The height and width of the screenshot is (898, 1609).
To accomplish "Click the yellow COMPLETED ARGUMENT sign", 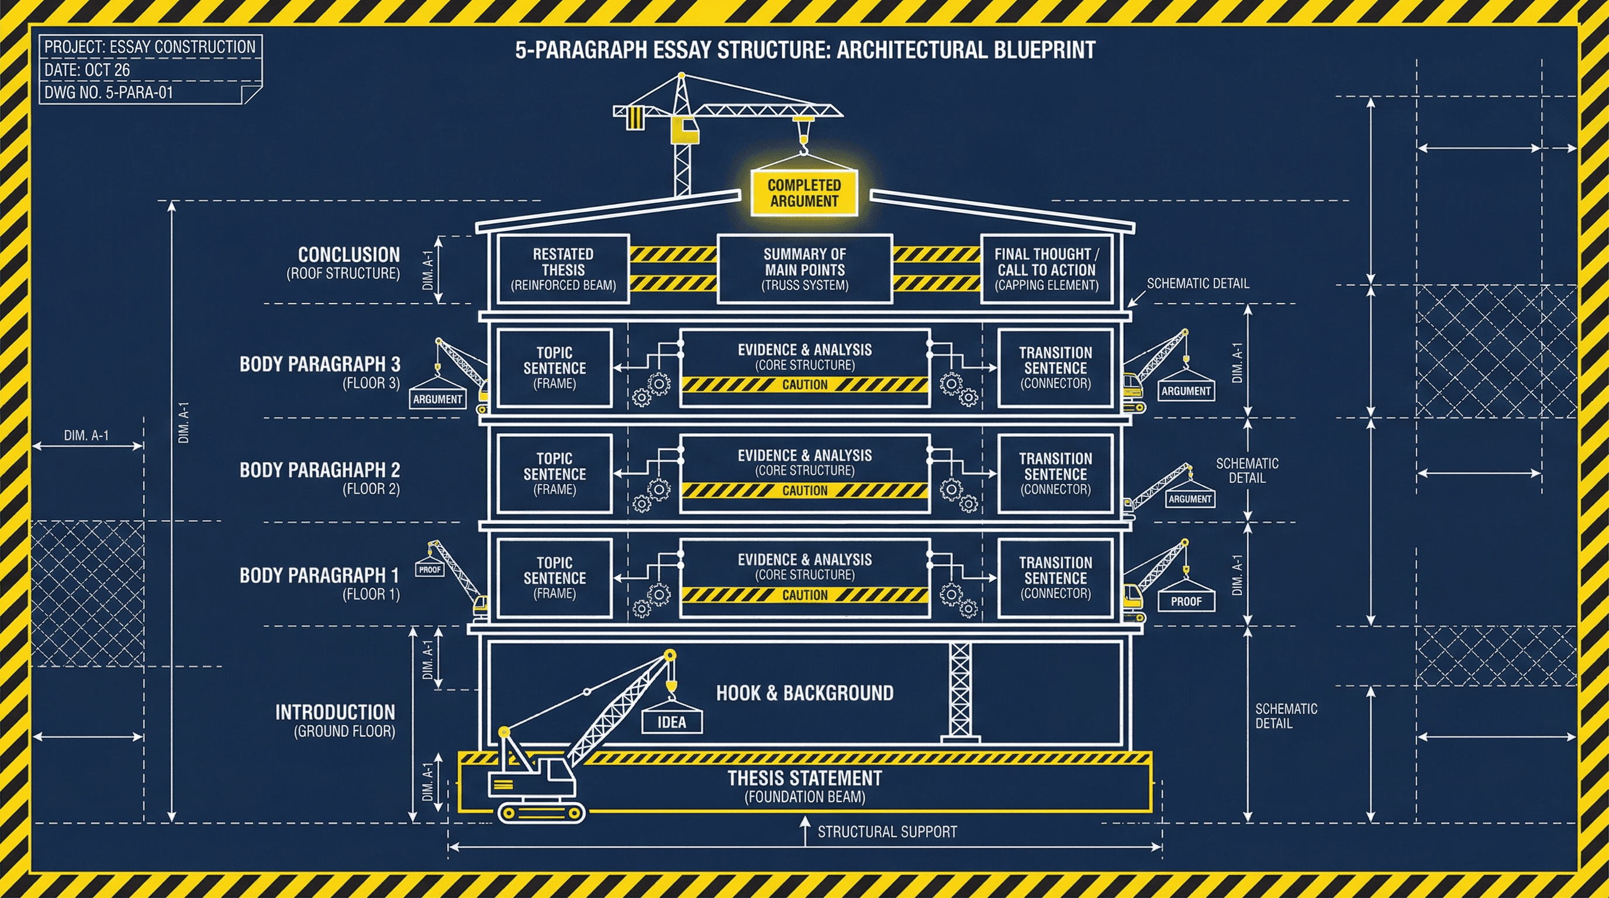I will [804, 193].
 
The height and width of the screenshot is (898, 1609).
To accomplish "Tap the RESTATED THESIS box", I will [563, 269].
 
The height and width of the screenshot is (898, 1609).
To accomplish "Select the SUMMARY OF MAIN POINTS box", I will [804, 269].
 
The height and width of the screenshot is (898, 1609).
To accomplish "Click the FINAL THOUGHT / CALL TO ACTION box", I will [1046, 269].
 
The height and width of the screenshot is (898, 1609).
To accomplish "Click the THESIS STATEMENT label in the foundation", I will [804, 779].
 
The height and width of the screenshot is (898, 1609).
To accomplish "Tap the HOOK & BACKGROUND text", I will [804, 693].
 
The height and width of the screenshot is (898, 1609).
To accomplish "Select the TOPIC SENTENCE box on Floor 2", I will [555, 474].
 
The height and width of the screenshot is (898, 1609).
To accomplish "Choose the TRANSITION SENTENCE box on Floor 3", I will [1055, 368].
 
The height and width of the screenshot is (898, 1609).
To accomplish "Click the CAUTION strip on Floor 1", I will [804, 595].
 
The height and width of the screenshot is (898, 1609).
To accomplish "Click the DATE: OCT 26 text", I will [88, 70].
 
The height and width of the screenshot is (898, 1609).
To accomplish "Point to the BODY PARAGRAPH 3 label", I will [320, 364].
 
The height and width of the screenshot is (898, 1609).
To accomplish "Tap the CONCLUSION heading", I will [348, 255].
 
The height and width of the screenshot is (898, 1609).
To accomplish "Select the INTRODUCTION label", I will [335, 713].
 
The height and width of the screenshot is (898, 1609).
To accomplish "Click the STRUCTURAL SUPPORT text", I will [887, 832].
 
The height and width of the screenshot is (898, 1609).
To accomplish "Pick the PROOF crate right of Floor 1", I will [1186, 602].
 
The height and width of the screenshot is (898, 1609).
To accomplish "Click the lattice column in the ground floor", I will [960, 689].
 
